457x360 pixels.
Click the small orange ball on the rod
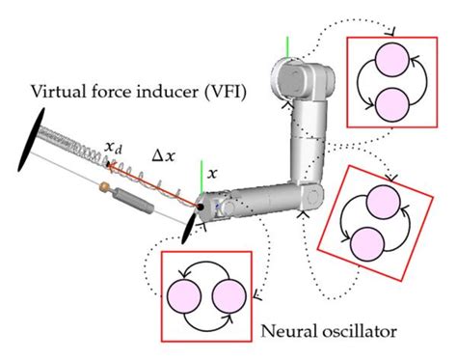pos(105,183)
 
